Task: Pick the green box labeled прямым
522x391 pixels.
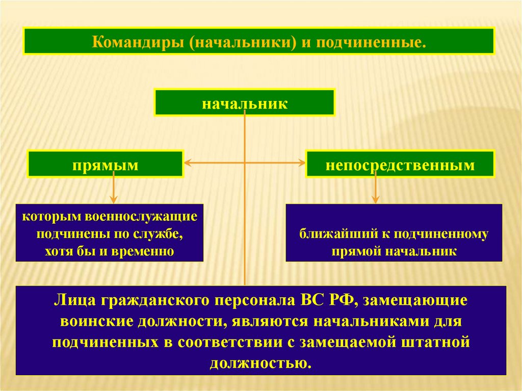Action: tap(105, 164)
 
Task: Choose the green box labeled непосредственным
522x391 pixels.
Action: tap(400, 164)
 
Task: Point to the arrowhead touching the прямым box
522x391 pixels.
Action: tap(187, 164)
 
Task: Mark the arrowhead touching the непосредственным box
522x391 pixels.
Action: tap(301, 164)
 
